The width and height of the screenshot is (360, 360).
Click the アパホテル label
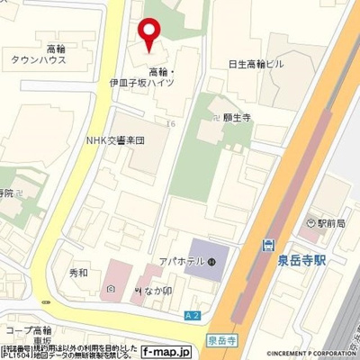181,263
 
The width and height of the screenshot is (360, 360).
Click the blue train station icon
267,245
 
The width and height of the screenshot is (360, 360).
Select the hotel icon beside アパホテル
211,263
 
